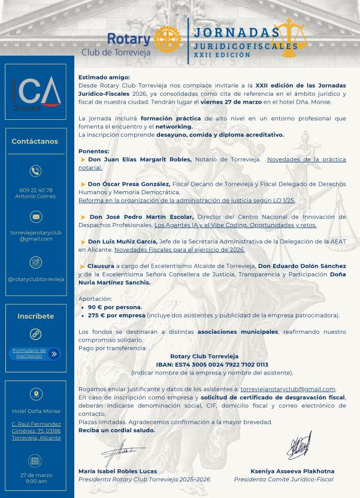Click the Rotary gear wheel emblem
pyautogui.click(x=168, y=40)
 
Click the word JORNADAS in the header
pyautogui.click(x=237, y=32)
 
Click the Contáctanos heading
pyautogui.click(x=35, y=141)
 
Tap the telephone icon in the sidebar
pyautogui.click(x=35, y=171)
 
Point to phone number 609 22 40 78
pyautogui.click(x=35, y=190)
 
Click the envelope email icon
pyautogui.click(x=35, y=216)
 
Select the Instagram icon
pyautogui.click(x=35, y=262)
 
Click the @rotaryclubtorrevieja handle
pyautogui.click(x=35, y=279)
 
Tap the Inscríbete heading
pyautogui.click(x=35, y=316)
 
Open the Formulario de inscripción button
pyautogui.click(x=35, y=354)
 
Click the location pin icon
pyautogui.click(x=35, y=394)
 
